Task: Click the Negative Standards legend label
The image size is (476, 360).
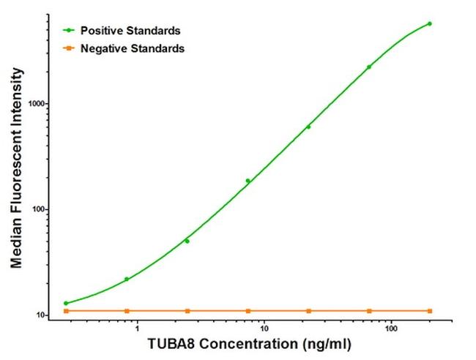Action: (133, 48)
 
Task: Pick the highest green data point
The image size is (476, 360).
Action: (429, 23)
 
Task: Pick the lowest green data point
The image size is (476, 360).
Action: (66, 303)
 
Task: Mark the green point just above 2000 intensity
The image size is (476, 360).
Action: (369, 67)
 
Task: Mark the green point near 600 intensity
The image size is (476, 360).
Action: (308, 127)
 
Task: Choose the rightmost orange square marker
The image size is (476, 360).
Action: (429, 311)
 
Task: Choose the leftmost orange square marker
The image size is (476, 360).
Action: (66, 311)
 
